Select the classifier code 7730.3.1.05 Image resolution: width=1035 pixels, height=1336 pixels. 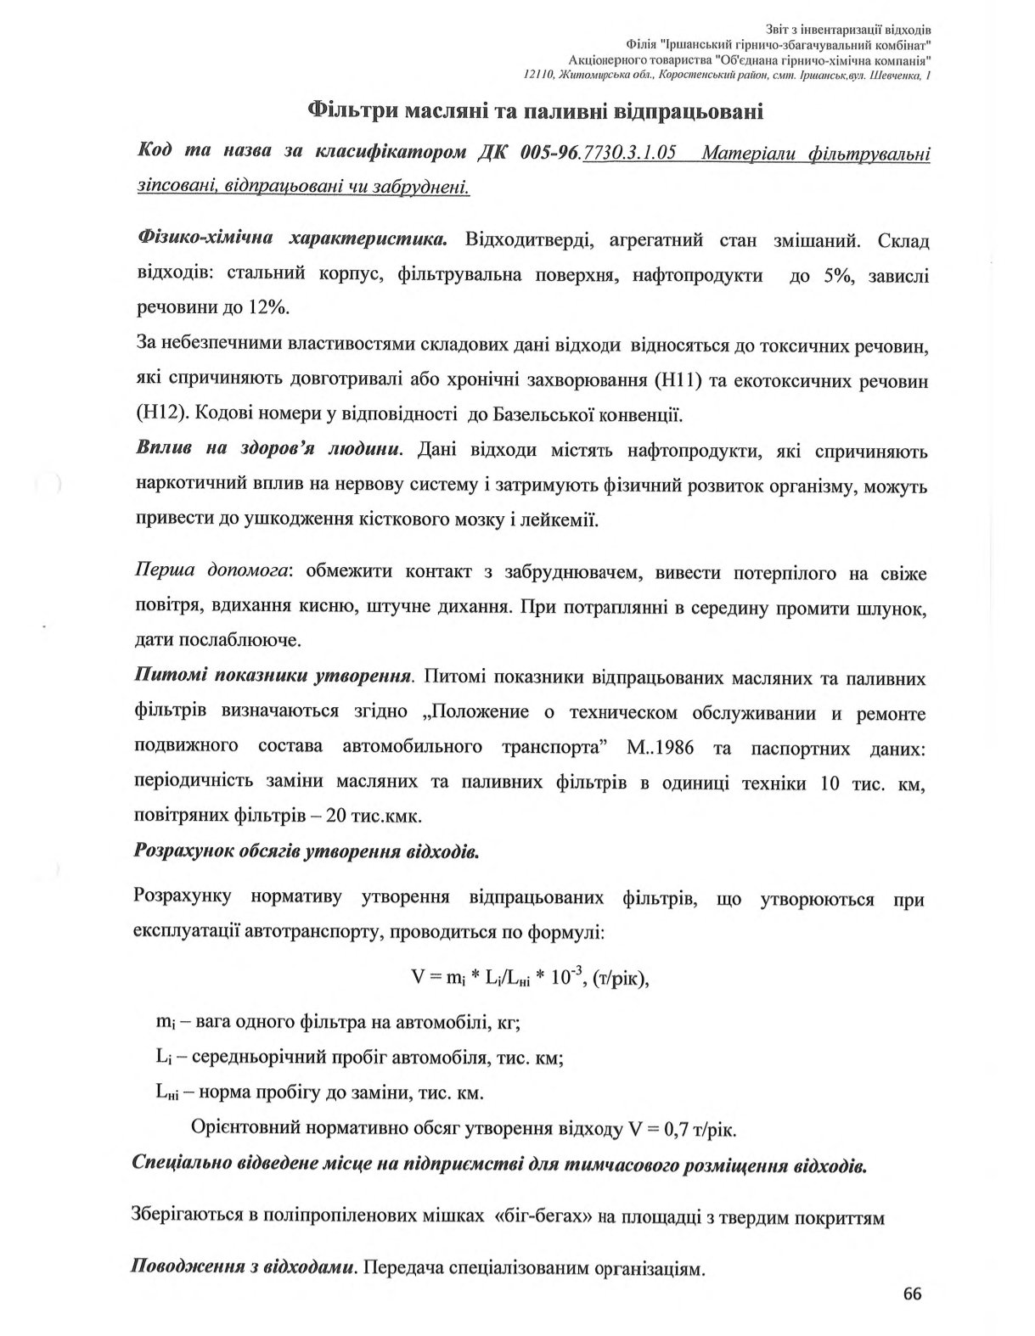tap(629, 154)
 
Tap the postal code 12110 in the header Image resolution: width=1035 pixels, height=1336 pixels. tap(539, 76)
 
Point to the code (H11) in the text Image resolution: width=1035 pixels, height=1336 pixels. tap(674, 380)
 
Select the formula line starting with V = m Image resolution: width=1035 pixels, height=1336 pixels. tap(531, 976)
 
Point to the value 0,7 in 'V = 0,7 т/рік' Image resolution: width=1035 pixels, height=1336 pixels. tap(677, 1130)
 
